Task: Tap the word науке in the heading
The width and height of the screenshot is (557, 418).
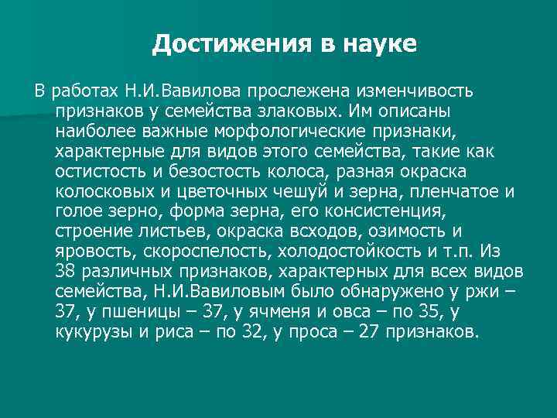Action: point(378,44)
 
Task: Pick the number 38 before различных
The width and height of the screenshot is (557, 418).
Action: point(66,272)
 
